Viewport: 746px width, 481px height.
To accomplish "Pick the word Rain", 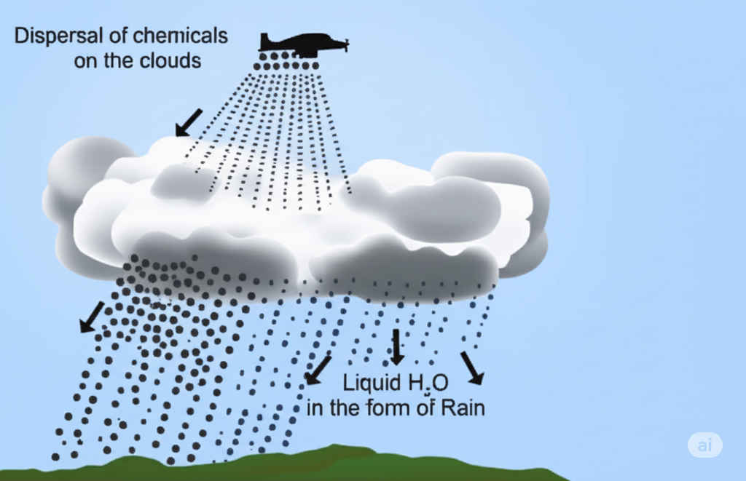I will (x=463, y=408).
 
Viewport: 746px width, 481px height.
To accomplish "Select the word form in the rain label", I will (x=397, y=408).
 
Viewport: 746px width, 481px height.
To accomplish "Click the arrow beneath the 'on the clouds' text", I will (x=189, y=122).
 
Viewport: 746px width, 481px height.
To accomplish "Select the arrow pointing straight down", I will (x=397, y=347).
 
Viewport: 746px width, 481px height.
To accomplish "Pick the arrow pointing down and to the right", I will (x=471, y=367).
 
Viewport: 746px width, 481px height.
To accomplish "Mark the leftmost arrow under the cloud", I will (x=92, y=318).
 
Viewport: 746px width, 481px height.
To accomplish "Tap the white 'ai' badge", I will (x=704, y=445).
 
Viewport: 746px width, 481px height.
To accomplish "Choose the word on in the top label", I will (x=85, y=60).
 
